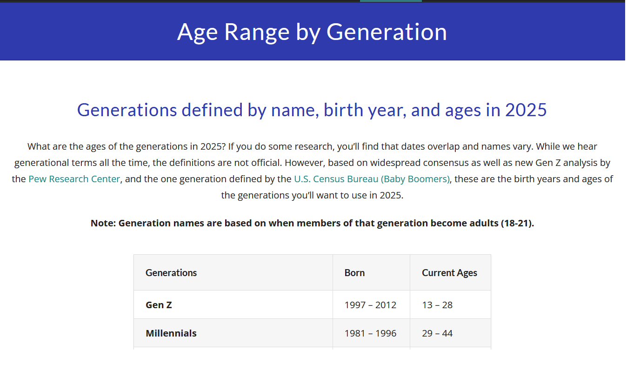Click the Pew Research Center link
pyautogui.click(x=74, y=179)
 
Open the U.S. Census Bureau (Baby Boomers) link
pyautogui.click(x=372, y=179)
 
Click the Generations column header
pyautogui.click(x=171, y=273)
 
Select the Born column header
pyautogui.click(x=354, y=273)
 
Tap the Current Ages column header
pyautogui.click(x=449, y=273)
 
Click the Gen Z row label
pyautogui.click(x=159, y=305)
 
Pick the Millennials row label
pyautogui.click(x=171, y=333)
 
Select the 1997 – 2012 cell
pyautogui.click(x=370, y=305)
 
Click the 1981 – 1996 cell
pyautogui.click(x=370, y=333)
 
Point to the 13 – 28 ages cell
pyautogui.click(x=437, y=305)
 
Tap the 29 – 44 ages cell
pyautogui.click(x=437, y=333)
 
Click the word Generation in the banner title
pyautogui.click(x=387, y=32)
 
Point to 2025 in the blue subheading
pyautogui.click(x=526, y=110)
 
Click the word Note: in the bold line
pyautogui.click(x=103, y=223)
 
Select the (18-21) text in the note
pyautogui.click(x=517, y=223)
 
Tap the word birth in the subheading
pyautogui.click(x=343, y=110)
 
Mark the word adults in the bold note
pyautogui.click(x=484, y=223)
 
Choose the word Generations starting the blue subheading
pyautogui.click(x=127, y=110)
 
